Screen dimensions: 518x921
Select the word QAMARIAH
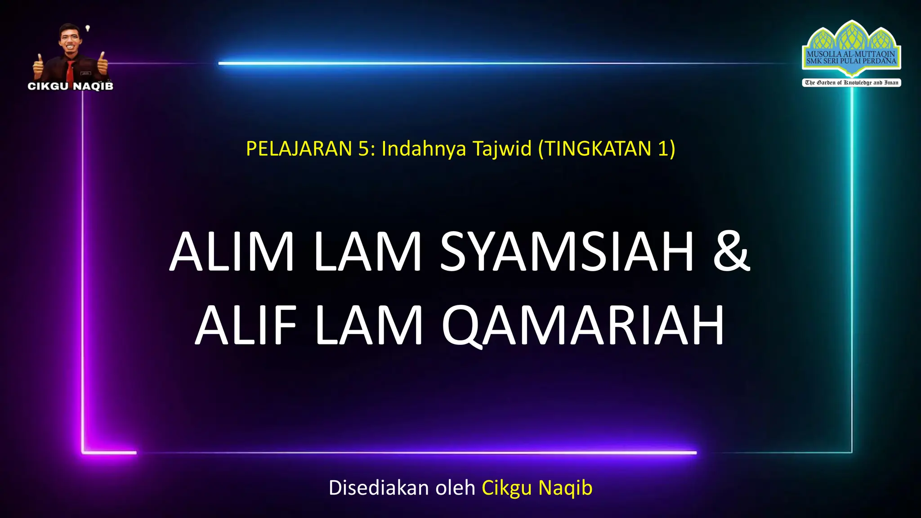[x=583, y=325]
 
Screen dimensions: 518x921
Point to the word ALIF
[x=246, y=325]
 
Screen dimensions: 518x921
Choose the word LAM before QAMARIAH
[x=369, y=325]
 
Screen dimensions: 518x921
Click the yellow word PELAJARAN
[x=299, y=149]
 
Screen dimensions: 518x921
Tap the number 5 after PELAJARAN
[x=363, y=149]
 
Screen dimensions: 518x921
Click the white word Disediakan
[x=379, y=488]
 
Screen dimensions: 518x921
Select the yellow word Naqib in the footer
[x=565, y=488]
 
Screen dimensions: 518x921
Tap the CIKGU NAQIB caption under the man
[x=71, y=86]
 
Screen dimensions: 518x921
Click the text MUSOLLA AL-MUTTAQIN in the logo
[x=851, y=54]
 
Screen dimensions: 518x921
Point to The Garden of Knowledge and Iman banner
[x=851, y=83]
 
